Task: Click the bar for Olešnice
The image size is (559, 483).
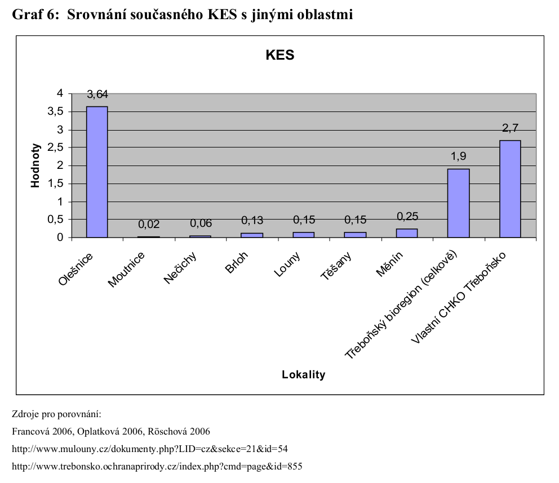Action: point(97,172)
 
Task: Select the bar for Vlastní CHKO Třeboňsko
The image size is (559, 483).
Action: point(510,189)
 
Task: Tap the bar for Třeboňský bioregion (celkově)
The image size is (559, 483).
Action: point(458,203)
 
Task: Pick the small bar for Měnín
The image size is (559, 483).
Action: point(407,233)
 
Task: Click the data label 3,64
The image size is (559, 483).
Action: point(97,94)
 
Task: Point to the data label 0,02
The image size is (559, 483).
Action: point(149,224)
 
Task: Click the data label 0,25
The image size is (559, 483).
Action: point(407,216)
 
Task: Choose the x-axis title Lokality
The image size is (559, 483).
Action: point(304,375)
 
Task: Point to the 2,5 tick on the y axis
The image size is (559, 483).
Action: point(57,148)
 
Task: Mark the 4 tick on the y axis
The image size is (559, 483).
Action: point(61,94)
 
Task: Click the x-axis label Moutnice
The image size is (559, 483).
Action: point(127,270)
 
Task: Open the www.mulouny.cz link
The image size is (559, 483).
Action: point(150,449)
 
